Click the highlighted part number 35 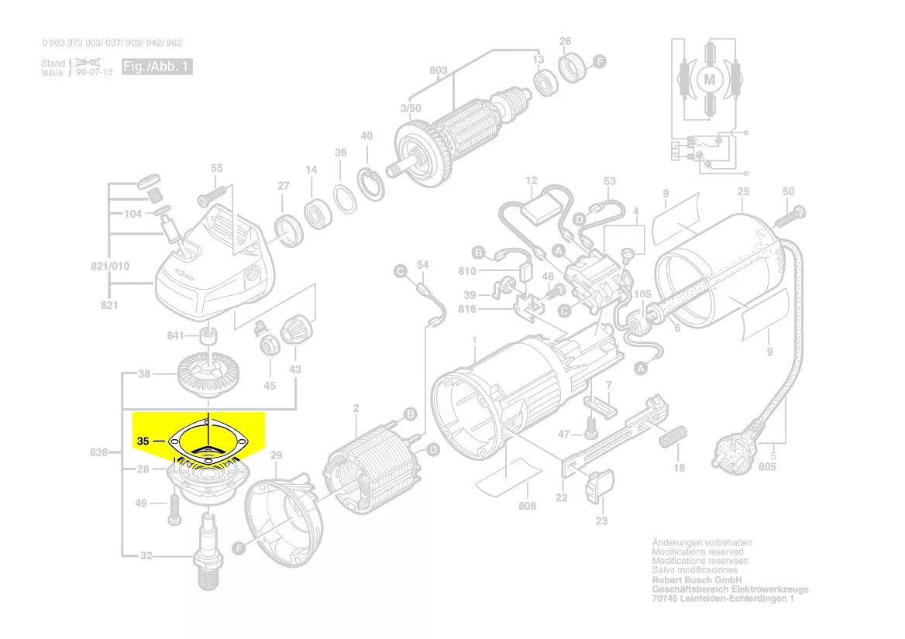click(142, 441)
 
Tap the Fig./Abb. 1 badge click(157, 67)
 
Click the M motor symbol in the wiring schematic click(709, 78)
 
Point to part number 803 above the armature click(439, 71)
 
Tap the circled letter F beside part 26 click(599, 61)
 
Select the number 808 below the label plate click(527, 507)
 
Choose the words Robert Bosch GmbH click(697, 580)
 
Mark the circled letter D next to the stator click(433, 449)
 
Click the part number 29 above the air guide click(277, 456)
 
